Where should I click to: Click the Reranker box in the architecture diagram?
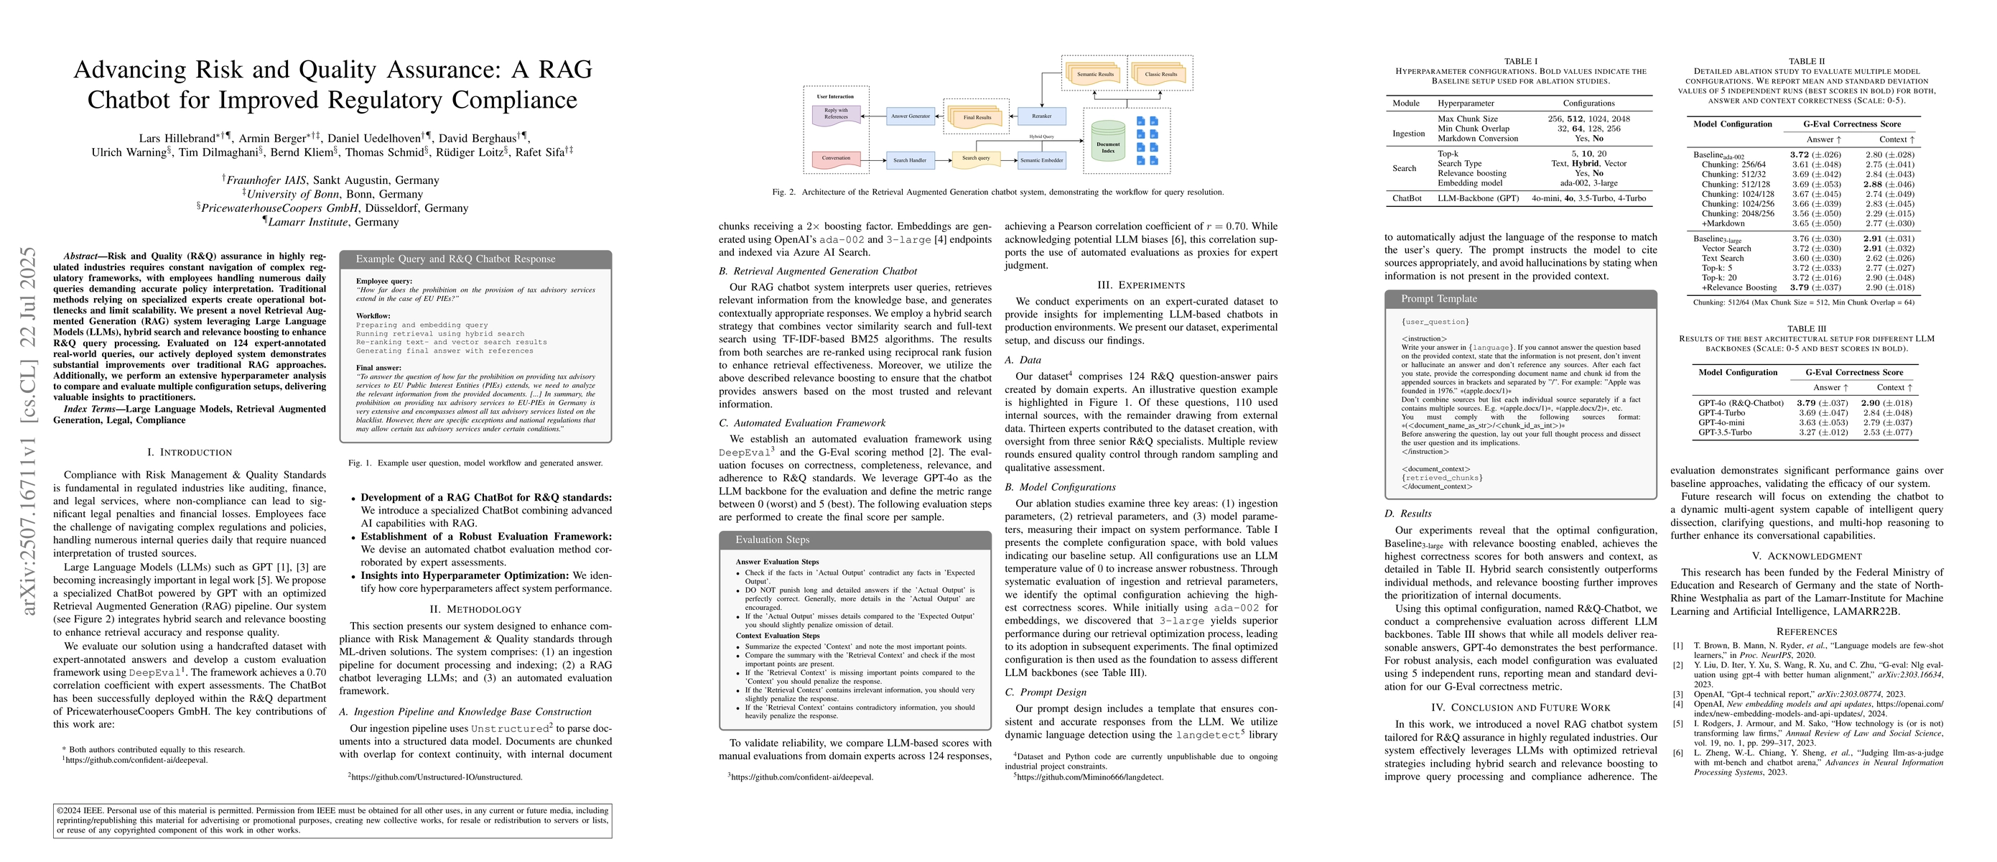pyautogui.click(x=1041, y=116)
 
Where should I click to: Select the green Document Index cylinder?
pyautogui.click(x=1108, y=143)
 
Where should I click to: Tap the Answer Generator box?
pyautogui.click(x=910, y=116)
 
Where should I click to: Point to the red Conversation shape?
pyautogui.click(x=836, y=159)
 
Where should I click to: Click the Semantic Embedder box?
pyautogui.click(x=1041, y=160)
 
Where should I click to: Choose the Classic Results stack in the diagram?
pyautogui.click(x=1160, y=75)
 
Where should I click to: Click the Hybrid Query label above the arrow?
pyautogui.click(x=1041, y=136)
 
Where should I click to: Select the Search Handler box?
pyautogui.click(x=910, y=160)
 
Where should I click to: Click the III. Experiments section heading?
pyautogui.click(x=1140, y=285)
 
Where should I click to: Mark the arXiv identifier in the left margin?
pyautogui.click(x=29, y=431)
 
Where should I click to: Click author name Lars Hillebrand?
pyautogui.click(x=177, y=139)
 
